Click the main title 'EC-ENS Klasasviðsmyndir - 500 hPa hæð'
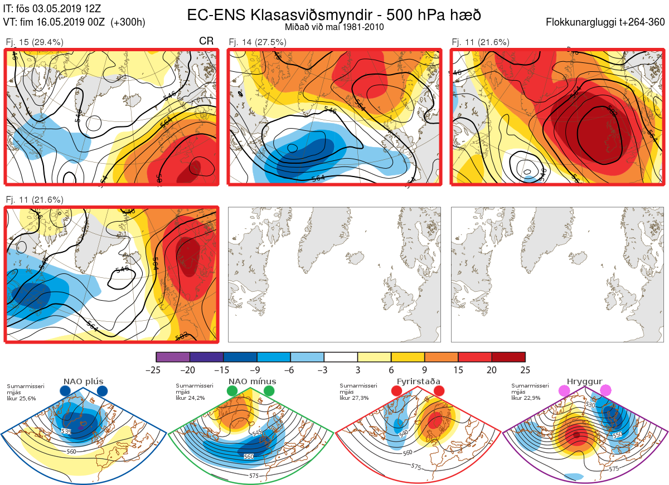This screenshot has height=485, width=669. (x=334, y=14)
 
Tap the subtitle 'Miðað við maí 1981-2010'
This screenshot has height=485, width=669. (x=334, y=27)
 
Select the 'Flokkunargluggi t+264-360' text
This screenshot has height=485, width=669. (x=607, y=22)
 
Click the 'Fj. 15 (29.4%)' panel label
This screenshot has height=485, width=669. (x=34, y=42)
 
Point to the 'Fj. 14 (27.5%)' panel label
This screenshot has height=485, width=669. (x=257, y=42)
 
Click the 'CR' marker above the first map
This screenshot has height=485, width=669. (x=206, y=41)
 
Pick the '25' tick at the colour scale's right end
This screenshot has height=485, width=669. (x=525, y=370)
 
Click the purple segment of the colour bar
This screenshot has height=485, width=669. (x=173, y=357)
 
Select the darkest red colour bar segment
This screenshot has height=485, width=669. (x=508, y=357)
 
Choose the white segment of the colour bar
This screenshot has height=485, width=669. (x=341, y=357)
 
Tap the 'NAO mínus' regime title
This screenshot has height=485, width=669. (x=252, y=381)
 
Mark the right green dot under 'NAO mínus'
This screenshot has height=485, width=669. (x=270, y=391)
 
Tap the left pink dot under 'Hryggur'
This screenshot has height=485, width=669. (x=564, y=391)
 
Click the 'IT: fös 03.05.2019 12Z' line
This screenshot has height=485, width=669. (x=52, y=9)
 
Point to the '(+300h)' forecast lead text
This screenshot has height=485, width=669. (x=128, y=22)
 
